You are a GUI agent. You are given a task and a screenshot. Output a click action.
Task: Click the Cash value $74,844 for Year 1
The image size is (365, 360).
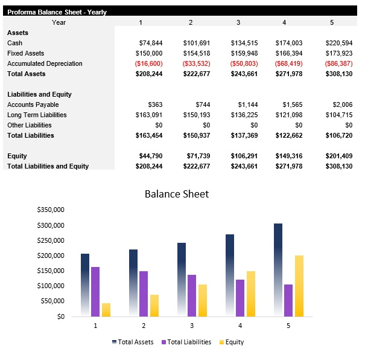[x=150, y=43]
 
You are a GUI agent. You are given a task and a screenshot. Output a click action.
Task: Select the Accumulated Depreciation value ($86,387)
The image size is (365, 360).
[x=338, y=63]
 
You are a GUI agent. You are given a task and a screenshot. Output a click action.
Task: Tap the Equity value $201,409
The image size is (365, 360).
[x=338, y=156]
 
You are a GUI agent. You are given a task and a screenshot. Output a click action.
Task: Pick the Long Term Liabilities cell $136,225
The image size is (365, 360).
[x=244, y=115]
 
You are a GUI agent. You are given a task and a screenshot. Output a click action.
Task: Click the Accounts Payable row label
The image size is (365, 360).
[x=33, y=104]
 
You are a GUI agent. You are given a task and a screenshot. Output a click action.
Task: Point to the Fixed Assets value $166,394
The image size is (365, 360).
[x=290, y=53]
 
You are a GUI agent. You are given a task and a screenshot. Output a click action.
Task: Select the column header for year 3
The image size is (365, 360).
[x=238, y=22]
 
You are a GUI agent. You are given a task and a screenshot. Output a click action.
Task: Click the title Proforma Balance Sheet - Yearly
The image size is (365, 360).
[x=57, y=12]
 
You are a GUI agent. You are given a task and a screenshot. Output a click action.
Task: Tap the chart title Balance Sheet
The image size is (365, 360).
[x=177, y=194]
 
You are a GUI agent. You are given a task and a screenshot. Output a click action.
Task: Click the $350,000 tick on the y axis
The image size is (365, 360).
[x=50, y=210]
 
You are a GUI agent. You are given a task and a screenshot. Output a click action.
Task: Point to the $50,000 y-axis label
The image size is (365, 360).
[x=52, y=301]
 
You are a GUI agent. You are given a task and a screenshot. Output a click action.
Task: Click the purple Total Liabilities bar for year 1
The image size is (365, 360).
[x=95, y=292]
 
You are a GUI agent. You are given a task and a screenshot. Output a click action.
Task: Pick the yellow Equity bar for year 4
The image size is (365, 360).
[x=251, y=294]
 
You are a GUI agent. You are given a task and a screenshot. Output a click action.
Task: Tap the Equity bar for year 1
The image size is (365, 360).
[x=106, y=309]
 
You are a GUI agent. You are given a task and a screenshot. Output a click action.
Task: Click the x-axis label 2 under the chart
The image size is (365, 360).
[x=144, y=326]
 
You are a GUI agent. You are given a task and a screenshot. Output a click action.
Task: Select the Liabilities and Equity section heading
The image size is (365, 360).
[x=39, y=94]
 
